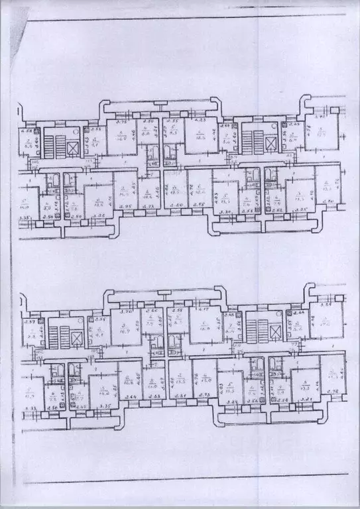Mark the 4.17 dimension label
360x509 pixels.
[x=203, y=311]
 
